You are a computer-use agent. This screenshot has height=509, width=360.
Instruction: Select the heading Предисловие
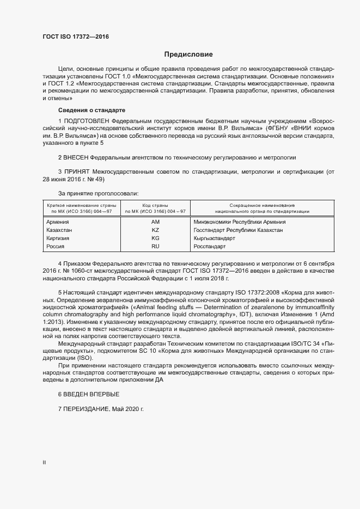coord(188,54)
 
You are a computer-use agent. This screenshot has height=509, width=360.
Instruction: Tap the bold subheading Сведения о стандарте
coord(91,110)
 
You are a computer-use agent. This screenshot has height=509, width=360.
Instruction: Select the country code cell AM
coord(155,222)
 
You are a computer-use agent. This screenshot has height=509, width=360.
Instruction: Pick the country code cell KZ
coord(155,230)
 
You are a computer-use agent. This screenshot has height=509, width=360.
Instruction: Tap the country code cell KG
coord(155,238)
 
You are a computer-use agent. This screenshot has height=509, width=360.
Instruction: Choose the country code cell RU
coord(155,247)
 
